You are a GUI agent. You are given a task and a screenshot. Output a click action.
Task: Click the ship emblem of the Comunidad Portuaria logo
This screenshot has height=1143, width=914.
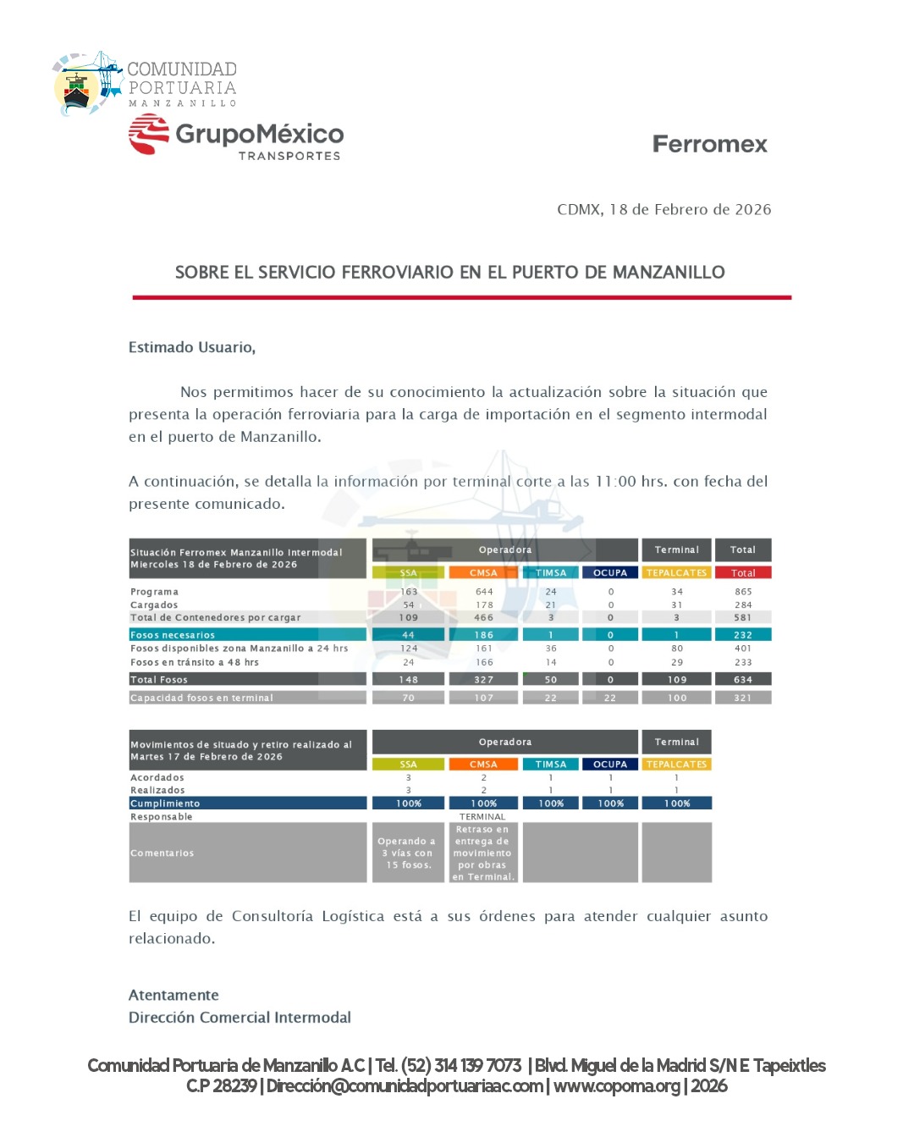78,88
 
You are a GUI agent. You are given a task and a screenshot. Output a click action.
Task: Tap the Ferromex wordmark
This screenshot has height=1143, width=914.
709,145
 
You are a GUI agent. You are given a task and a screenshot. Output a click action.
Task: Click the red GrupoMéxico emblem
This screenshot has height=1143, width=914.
149,135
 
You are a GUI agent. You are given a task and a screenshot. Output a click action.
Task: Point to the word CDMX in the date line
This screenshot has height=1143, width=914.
579,210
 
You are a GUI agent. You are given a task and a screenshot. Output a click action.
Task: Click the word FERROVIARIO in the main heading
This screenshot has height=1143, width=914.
398,273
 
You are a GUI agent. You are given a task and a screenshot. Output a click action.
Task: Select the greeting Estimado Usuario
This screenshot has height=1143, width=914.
192,347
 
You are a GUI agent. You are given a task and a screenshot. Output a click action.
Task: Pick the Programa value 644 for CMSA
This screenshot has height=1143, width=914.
484,592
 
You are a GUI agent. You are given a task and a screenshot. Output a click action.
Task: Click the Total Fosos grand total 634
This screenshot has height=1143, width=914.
743,680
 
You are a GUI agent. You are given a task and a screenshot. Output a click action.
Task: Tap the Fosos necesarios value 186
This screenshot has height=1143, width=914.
484,635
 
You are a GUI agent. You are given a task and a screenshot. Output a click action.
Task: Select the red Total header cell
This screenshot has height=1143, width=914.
743,573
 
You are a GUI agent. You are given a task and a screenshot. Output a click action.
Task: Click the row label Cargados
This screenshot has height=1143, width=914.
154,605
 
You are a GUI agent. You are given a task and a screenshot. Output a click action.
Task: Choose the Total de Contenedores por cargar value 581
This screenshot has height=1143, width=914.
743,618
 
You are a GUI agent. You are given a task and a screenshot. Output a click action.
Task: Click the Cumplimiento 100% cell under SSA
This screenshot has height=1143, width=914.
409,803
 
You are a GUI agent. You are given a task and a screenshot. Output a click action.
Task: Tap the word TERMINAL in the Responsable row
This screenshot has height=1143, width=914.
482,817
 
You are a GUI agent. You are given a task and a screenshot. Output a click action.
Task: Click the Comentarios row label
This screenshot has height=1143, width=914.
162,853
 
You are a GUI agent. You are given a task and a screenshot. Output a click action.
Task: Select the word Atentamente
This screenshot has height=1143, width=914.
173,996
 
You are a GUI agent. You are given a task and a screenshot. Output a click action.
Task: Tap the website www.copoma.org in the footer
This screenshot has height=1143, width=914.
617,1086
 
